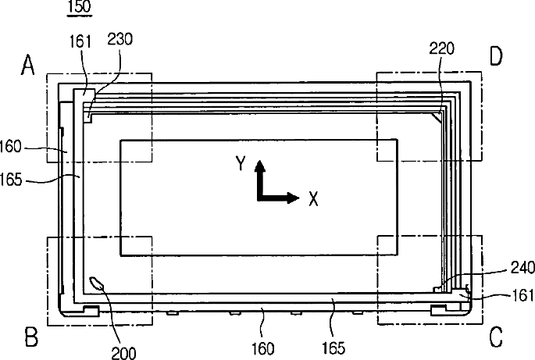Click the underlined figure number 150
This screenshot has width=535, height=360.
click(x=80, y=7)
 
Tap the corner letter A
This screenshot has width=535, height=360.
click(x=28, y=65)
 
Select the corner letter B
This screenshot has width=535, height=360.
click(x=31, y=337)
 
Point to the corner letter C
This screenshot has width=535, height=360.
click(x=496, y=337)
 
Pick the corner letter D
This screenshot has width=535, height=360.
click(x=496, y=56)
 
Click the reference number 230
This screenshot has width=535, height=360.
click(x=119, y=39)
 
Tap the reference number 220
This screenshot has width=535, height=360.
click(x=442, y=48)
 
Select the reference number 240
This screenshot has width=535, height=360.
click(x=523, y=268)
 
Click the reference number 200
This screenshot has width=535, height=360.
click(x=124, y=353)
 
